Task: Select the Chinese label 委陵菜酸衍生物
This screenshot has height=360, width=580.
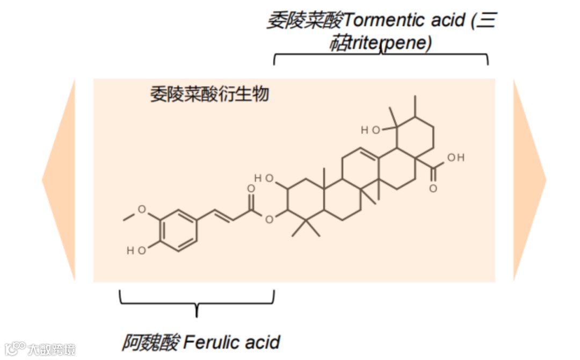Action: (209, 95)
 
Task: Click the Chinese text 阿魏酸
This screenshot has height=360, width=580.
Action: (150, 342)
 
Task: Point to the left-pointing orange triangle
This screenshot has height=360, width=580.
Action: (59, 180)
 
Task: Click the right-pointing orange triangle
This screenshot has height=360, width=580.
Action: (529, 180)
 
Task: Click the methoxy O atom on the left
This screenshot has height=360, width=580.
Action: (142, 210)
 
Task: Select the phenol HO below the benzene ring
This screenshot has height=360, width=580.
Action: (135, 250)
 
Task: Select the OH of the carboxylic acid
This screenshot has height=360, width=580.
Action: (455, 157)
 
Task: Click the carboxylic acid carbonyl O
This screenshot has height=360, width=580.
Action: (433, 188)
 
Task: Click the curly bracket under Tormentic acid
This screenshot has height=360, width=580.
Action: (381, 56)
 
